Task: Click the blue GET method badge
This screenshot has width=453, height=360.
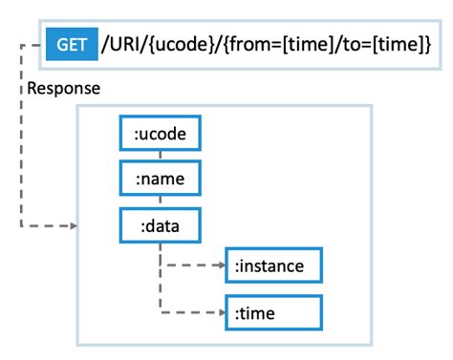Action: tap(72, 44)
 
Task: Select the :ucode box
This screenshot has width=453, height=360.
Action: tap(161, 134)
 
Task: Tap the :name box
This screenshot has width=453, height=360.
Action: tap(161, 179)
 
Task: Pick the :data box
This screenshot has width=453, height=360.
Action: tap(161, 226)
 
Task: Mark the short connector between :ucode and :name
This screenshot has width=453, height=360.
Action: tap(161, 156)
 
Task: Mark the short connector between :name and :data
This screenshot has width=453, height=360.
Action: tap(161, 201)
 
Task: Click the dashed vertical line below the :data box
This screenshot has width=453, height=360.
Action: tap(161, 277)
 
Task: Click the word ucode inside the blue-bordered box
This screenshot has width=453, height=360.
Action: tap(163, 134)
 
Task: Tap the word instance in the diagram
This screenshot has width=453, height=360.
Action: tap(277, 265)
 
